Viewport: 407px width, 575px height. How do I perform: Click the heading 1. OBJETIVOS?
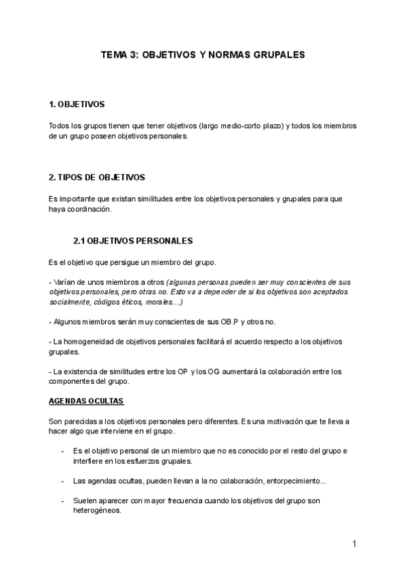click(77, 105)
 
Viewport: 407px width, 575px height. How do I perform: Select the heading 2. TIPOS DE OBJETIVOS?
click(97, 178)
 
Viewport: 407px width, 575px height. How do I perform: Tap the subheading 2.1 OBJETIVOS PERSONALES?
click(133, 241)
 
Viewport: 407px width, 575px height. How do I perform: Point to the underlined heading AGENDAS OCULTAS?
click(86, 401)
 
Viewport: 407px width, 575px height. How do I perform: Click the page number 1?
click(354, 544)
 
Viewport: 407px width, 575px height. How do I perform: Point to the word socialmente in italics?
click(71, 302)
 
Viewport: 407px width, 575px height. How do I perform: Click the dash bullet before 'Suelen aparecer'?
click(63, 501)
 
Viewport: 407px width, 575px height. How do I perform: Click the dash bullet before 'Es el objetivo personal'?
click(63, 451)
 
